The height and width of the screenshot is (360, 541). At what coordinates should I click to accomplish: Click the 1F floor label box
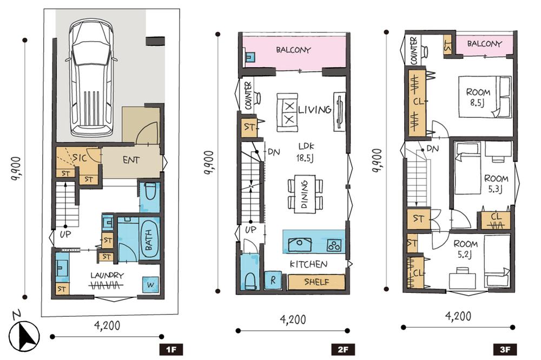tap(171, 350)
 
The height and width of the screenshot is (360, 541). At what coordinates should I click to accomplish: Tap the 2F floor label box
tap(343, 350)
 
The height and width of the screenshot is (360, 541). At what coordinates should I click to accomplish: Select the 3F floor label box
tap(505, 350)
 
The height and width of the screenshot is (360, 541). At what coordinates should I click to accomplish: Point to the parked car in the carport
tap(91, 77)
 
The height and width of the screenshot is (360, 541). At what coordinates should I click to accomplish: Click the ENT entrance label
tap(131, 160)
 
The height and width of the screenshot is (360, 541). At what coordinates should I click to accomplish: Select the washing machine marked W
tap(150, 285)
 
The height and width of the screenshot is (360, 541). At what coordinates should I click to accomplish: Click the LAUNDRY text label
tap(107, 276)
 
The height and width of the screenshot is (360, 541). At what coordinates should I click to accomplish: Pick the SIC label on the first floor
tap(80, 158)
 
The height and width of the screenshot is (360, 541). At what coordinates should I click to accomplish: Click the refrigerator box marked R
tap(273, 281)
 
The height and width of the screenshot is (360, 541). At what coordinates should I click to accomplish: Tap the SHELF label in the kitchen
tap(316, 282)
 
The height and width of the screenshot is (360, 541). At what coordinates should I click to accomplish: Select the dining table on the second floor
tap(305, 194)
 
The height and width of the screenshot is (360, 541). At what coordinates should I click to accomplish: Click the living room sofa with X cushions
tap(287, 112)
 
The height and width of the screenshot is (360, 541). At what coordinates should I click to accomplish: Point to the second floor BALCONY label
tap(293, 50)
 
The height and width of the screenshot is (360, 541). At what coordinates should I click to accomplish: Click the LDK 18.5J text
tap(305, 152)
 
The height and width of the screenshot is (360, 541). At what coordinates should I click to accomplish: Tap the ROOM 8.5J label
tap(478, 97)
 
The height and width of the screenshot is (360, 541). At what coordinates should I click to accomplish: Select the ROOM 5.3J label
tap(496, 183)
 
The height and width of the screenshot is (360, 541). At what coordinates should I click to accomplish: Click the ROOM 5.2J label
tap(465, 249)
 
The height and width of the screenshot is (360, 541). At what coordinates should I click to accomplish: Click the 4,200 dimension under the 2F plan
tap(293, 319)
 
